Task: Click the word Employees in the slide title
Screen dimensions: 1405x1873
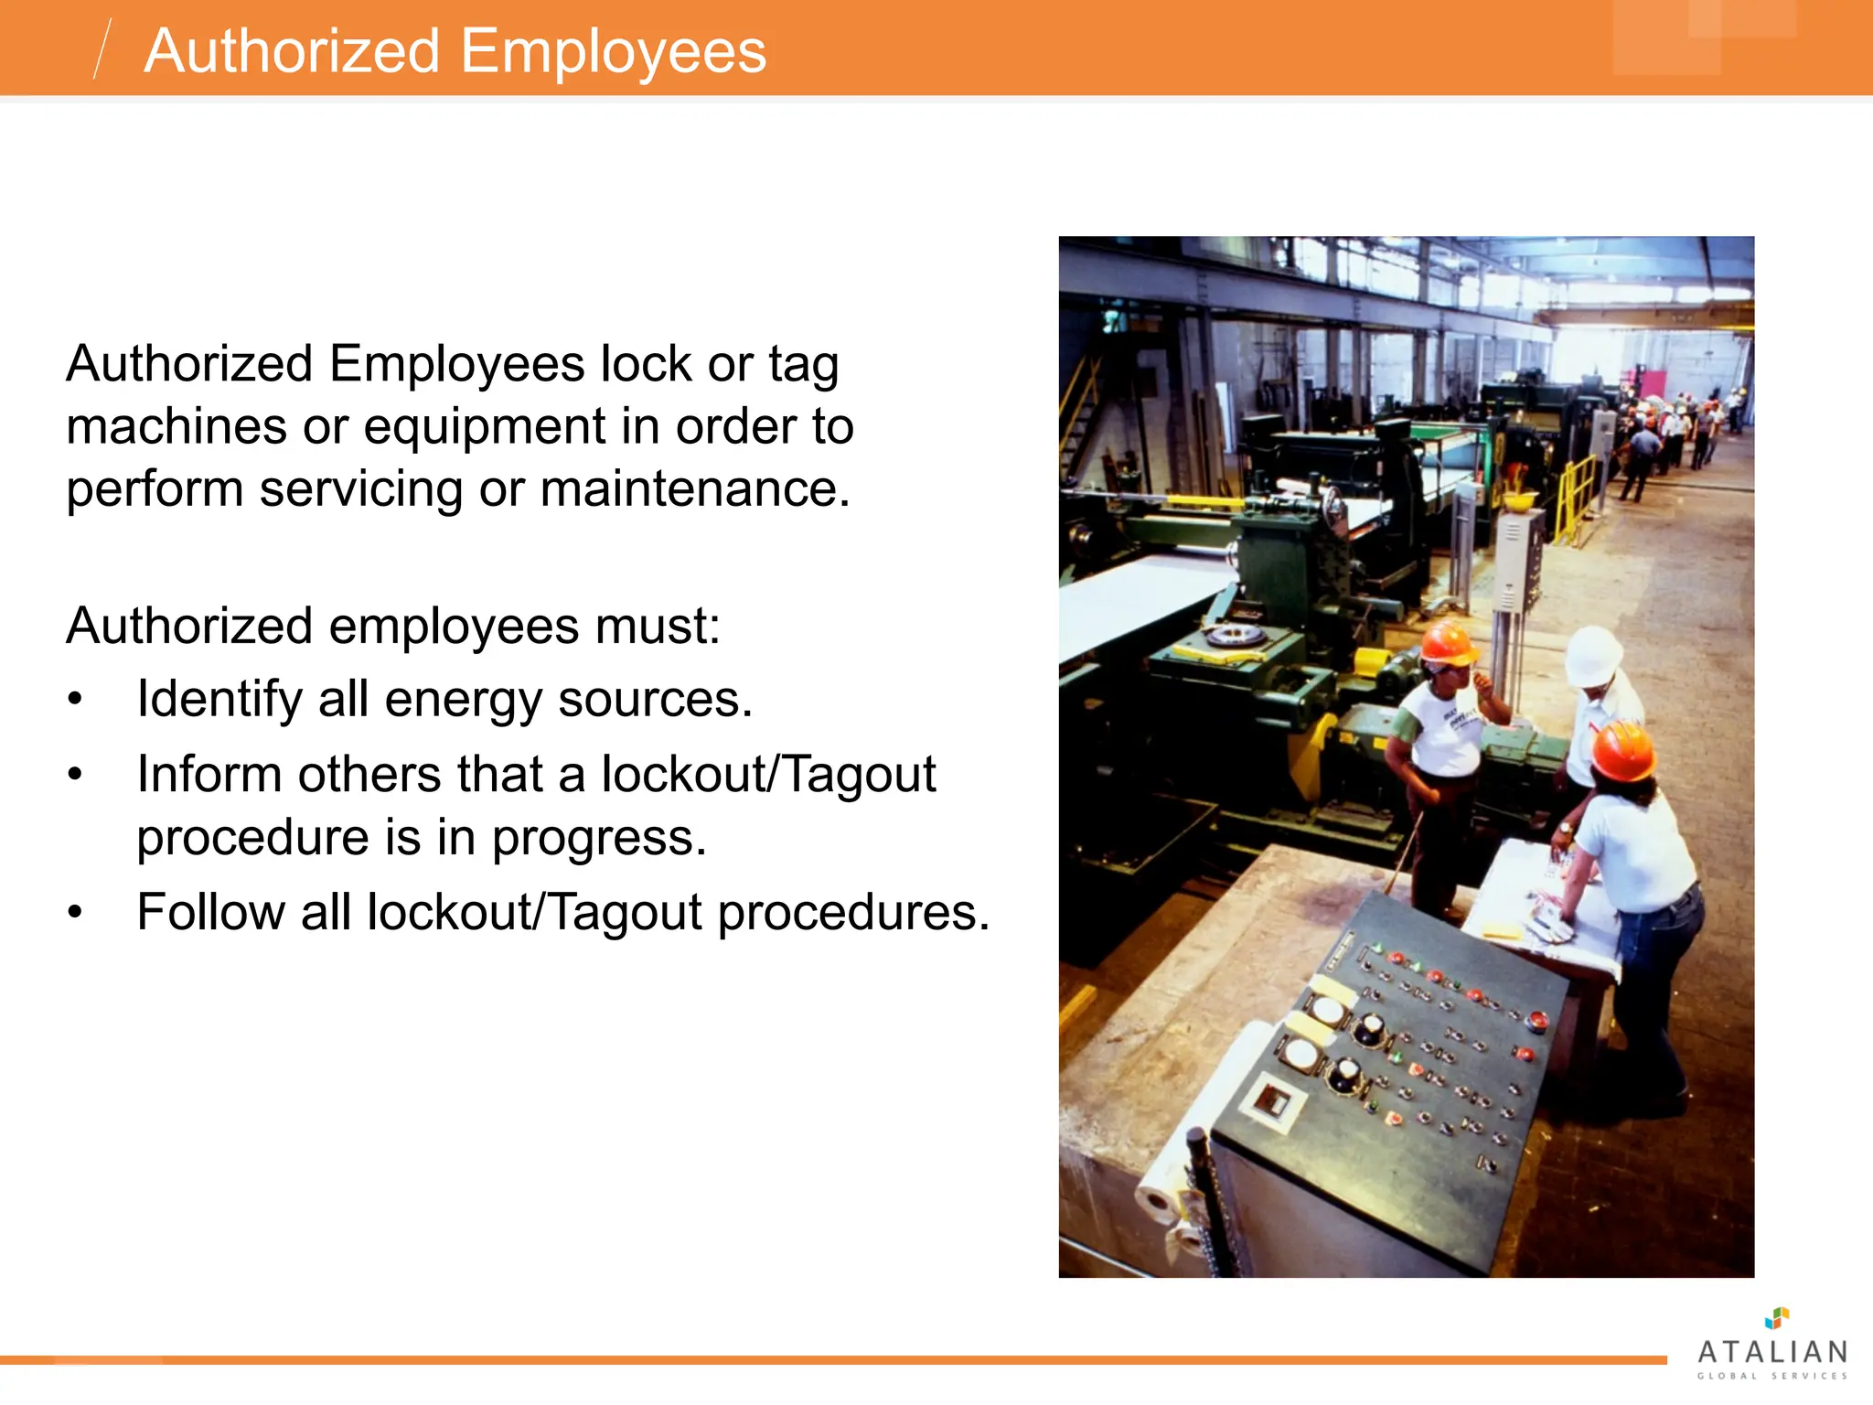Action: tap(613, 52)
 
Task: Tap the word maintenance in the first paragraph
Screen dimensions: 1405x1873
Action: tap(695, 488)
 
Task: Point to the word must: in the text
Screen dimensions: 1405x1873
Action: tap(658, 627)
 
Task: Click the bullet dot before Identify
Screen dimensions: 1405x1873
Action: tap(75, 701)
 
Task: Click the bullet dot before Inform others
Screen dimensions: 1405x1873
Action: tap(75, 776)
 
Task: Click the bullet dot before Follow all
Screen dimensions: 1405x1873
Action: tap(75, 913)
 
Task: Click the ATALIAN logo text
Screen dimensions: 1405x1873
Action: tap(1772, 1352)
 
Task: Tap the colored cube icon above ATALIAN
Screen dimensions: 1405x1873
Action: tap(1776, 1318)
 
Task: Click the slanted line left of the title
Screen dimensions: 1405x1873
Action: tap(102, 48)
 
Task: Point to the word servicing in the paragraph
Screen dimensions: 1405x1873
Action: tap(361, 488)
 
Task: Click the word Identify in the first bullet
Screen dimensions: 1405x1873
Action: tap(219, 702)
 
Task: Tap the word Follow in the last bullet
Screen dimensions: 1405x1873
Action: tap(211, 913)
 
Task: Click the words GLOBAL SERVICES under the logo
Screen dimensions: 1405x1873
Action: tap(1772, 1376)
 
